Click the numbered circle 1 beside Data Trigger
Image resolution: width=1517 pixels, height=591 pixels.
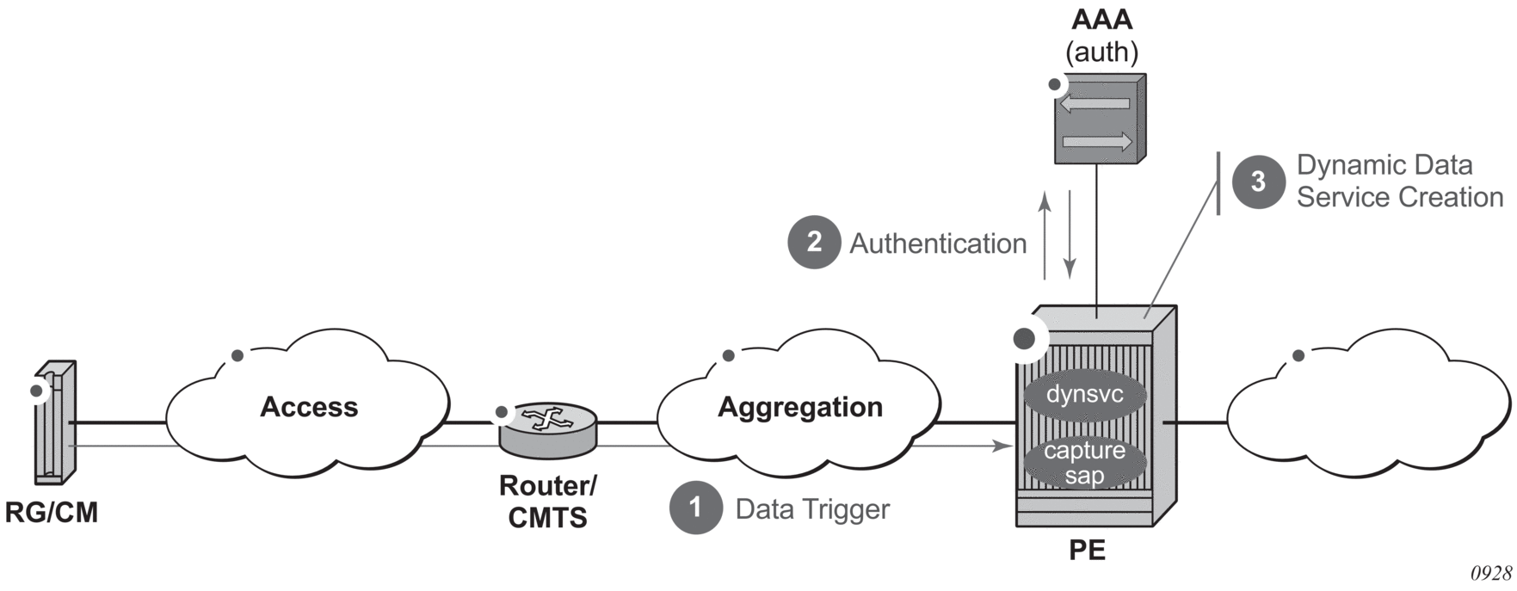(x=695, y=508)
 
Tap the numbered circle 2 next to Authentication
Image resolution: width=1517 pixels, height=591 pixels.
(x=814, y=243)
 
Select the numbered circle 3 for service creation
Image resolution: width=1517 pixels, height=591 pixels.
(x=1258, y=182)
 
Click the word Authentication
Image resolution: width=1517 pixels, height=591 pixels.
(x=938, y=243)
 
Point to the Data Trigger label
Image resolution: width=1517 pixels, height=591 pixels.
(x=812, y=509)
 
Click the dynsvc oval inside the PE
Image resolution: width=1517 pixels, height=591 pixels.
(x=1085, y=395)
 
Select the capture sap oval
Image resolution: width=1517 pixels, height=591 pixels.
(x=1085, y=463)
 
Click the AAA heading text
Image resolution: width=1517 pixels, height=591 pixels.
(x=1101, y=20)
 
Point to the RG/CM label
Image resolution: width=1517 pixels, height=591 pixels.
(x=52, y=513)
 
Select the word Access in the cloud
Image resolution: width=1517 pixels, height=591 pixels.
(x=309, y=407)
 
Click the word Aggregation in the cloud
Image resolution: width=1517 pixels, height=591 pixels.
(x=800, y=407)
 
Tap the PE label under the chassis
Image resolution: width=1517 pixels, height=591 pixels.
(x=1087, y=550)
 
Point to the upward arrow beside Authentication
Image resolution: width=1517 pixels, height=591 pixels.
(x=1045, y=237)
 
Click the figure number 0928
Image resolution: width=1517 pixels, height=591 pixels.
(x=1490, y=574)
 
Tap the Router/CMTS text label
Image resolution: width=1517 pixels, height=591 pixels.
(x=547, y=502)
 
